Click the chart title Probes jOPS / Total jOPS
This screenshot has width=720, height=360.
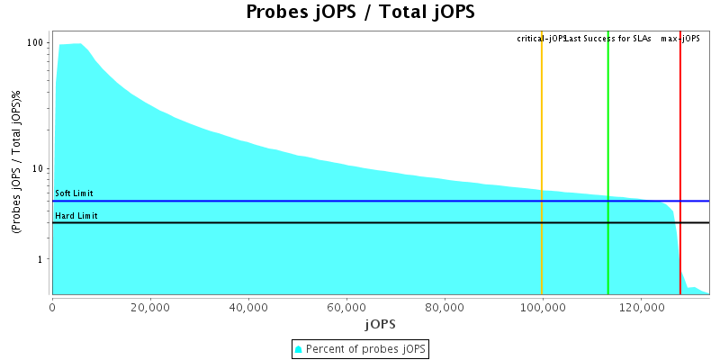click(360, 13)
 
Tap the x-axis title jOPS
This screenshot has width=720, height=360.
click(379, 323)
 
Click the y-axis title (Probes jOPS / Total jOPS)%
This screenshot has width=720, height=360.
click(16, 163)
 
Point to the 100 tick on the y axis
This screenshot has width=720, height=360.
click(36, 43)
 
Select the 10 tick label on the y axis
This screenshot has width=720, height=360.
click(39, 169)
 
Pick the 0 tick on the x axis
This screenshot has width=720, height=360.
click(52, 306)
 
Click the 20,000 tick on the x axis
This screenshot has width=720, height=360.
click(150, 306)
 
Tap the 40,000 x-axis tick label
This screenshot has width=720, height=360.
click(248, 306)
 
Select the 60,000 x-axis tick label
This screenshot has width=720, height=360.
click(346, 306)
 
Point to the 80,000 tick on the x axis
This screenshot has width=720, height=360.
click(445, 306)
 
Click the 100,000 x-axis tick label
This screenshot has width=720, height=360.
click(542, 306)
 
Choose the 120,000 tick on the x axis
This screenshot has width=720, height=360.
click(640, 306)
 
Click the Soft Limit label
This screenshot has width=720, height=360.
click(74, 193)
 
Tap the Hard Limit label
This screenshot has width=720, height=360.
click(76, 216)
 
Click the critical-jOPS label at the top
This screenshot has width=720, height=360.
click(540, 39)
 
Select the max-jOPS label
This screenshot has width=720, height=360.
click(680, 39)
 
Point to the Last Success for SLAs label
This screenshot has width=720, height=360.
click(608, 39)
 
